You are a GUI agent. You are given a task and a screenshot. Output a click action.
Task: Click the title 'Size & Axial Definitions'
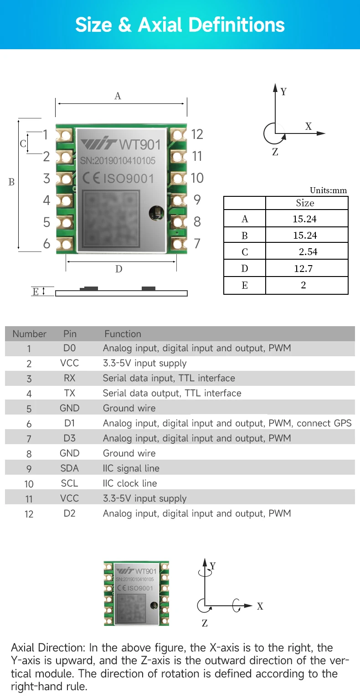point(180,25)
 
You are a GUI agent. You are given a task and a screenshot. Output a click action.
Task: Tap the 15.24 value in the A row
point(304,219)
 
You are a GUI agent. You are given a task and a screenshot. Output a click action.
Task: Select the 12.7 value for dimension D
point(303,269)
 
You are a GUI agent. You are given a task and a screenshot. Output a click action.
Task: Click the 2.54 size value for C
point(308,252)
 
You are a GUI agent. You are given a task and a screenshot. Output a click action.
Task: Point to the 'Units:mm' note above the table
point(328,190)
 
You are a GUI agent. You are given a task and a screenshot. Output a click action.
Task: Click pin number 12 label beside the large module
point(197,134)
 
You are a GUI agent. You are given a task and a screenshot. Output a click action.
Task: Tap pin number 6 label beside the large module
point(46,244)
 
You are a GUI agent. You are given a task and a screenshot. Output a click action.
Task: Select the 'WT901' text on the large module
point(139,145)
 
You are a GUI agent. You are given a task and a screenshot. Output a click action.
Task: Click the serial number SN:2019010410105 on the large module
point(118,161)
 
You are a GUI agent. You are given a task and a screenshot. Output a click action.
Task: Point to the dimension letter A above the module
point(118,96)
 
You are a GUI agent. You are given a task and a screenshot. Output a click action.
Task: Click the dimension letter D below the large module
point(118,269)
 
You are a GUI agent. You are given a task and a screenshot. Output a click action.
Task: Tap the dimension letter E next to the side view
point(36,292)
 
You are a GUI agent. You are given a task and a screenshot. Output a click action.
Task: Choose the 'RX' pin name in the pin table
point(70,378)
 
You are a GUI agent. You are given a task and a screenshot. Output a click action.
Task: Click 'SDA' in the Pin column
point(70,468)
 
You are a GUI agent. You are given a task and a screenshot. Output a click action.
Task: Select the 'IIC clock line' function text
point(130,483)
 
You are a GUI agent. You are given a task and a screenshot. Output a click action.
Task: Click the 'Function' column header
point(123,334)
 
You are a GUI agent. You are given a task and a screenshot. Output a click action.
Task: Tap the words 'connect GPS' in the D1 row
point(324,423)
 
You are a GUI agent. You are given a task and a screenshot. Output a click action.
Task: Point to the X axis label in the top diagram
point(309,127)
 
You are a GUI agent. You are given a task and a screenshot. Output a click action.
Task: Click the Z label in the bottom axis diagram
point(205,623)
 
